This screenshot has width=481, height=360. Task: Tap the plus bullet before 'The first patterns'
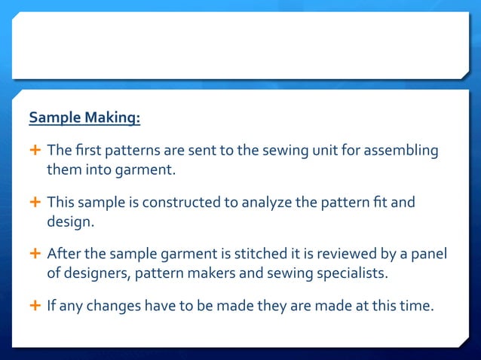pyautogui.click(x=35, y=151)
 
